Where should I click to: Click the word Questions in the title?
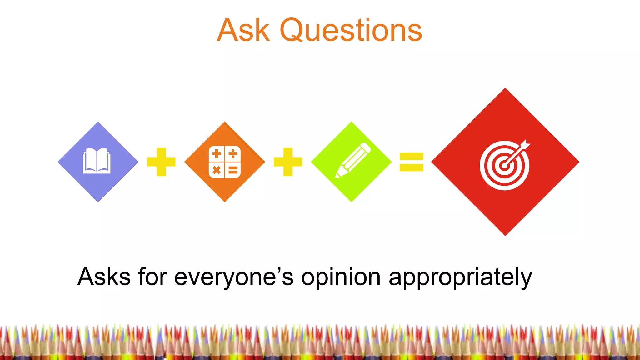pos(351,30)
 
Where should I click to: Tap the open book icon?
pos(97,161)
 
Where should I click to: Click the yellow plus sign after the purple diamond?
pos(161,162)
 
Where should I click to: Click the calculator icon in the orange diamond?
pos(225,162)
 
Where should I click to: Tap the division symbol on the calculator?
pos(233,154)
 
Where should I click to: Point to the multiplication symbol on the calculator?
pos(216,170)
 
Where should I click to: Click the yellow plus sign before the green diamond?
pos(288,162)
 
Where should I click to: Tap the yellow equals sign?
pos(411,162)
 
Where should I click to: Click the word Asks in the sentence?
pos(104,277)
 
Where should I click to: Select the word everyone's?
pos(234,277)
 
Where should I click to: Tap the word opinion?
pos(341,277)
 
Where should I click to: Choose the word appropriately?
pos(460,277)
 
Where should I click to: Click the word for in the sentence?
pos(152,277)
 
